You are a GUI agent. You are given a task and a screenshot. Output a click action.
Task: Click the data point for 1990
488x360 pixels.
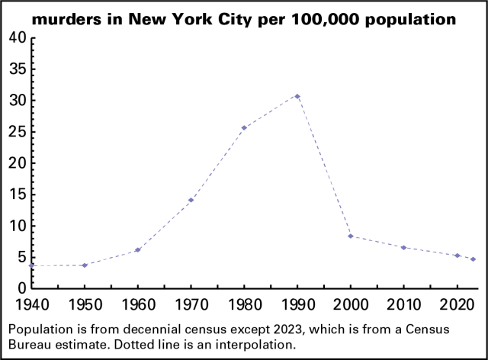[x=297, y=96]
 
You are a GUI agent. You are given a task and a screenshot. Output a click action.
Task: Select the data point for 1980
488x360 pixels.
[x=244, y=128]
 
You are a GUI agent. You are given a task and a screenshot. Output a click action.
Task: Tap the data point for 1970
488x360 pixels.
[x=191, y=200]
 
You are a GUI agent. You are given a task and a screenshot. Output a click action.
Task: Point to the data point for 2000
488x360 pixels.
[x=351, y=236]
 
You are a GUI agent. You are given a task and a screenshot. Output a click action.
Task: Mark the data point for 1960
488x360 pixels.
[x=137, y=250]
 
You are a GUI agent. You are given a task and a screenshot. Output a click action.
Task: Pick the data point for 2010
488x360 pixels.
[x=404, y=247]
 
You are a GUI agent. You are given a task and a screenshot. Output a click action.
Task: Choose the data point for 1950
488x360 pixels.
[x=84, y=265]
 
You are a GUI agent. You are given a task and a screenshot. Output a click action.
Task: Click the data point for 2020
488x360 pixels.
[x=457, y=256]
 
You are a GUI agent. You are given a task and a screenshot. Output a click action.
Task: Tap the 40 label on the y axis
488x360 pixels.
[x=17, y=38]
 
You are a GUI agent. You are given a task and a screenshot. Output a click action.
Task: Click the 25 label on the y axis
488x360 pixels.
[x=17, y=132]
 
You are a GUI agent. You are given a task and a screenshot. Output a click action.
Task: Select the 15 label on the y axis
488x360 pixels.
[x=17, y=194]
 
